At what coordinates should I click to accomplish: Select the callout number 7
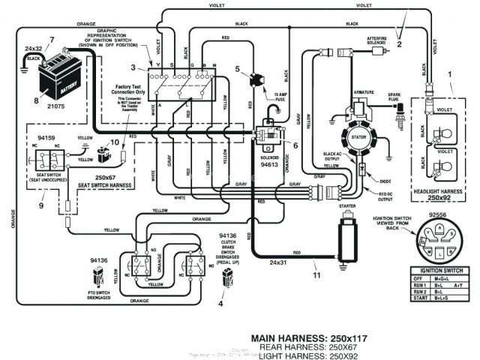52,39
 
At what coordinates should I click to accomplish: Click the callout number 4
220,304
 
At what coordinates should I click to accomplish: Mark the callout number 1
450,75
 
